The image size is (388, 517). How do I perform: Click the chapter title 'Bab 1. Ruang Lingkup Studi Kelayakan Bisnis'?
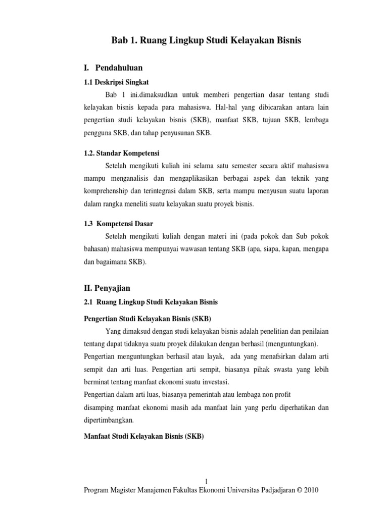point(206,41)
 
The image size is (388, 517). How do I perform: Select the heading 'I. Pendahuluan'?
point(113,67)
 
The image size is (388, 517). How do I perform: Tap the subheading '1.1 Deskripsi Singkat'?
point(116,82)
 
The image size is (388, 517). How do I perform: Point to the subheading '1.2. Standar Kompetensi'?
point(121,153)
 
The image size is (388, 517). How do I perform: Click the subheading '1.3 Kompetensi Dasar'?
point(118,223)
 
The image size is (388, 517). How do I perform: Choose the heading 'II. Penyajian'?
point(107,288)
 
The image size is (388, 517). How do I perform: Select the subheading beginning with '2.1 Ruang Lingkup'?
point(151,302)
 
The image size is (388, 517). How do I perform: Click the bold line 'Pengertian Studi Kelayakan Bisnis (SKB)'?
point(147,319)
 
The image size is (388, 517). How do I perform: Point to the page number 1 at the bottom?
point(206,481)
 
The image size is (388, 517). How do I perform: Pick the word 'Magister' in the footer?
point(128,490)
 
